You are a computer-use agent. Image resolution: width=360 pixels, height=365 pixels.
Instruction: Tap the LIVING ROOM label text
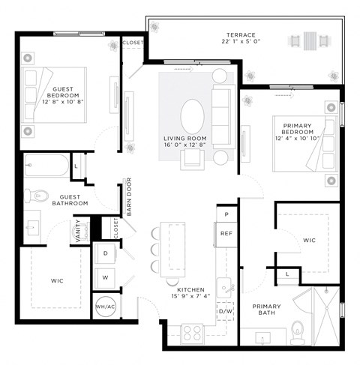click(185, 139)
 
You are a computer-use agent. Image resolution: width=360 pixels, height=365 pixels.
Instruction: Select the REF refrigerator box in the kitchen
click(226, 234)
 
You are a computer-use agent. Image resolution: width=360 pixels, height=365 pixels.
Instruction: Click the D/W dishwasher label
click(225, 310)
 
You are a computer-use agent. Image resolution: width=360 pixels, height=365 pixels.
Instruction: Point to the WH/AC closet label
click(104, 306)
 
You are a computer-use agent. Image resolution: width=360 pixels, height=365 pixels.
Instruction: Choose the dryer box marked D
click(106, 253)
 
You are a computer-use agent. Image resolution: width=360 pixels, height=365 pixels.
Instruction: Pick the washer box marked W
click(106, 277)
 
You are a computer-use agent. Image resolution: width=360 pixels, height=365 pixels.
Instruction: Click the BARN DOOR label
click(129, 196)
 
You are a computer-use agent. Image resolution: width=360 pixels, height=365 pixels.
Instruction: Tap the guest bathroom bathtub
click(46, 166)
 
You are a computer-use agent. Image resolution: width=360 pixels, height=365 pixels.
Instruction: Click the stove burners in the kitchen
click(193, 330)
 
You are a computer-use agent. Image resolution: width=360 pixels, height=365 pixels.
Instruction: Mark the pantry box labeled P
click(226, 214)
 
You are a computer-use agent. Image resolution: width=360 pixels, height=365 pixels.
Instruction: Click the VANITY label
click(79, 232)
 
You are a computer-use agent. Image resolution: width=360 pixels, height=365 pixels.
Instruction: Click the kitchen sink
click(224, 286)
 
